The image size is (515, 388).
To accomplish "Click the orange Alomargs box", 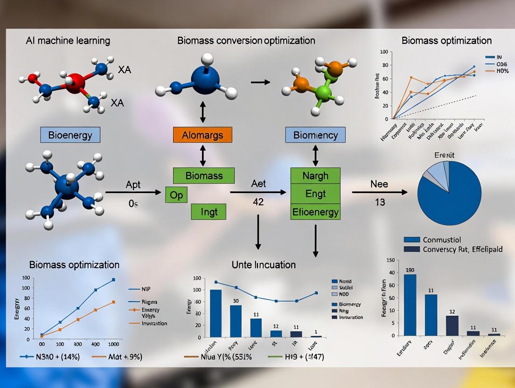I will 202,135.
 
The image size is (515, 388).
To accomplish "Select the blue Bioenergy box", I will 70,135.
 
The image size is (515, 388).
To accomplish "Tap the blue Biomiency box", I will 315,135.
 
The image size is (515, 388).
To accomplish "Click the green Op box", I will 176,195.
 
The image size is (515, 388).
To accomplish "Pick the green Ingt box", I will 209,212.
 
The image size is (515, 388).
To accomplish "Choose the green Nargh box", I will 315,176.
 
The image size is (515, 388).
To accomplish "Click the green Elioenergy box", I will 315,212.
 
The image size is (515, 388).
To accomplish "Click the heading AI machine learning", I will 68,41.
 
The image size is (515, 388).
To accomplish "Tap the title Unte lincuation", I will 264,265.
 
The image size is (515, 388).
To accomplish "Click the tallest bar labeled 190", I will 410,305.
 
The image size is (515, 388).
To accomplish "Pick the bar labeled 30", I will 236,321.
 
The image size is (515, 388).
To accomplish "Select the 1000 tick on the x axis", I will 113,344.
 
